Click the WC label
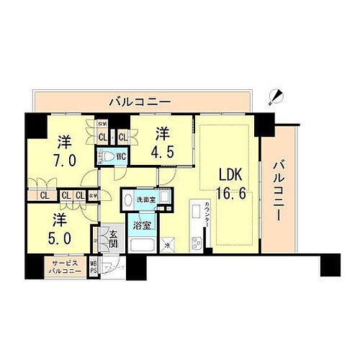tap(122, 156)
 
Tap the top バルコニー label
tap(140, 102)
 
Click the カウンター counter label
tap(206, 216)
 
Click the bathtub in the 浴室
tap(142, 245)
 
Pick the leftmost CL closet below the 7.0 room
tap(45, 194)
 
